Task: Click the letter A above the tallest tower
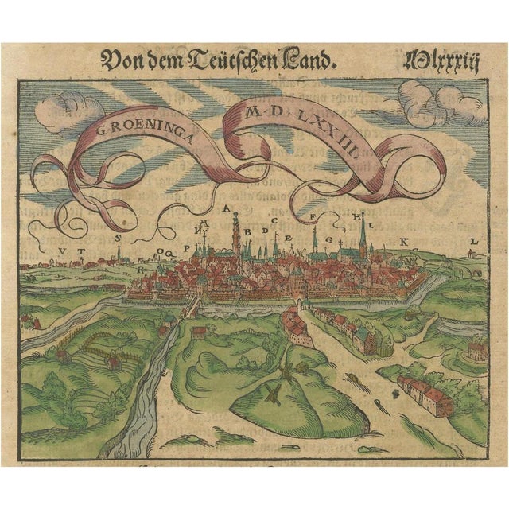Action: [x=229, y=208]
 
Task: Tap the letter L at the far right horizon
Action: [x=472, y=241]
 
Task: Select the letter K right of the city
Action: [x=404, y=239]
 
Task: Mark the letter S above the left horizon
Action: [x=119, y=236]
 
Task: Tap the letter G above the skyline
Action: [x=316, y=231]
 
